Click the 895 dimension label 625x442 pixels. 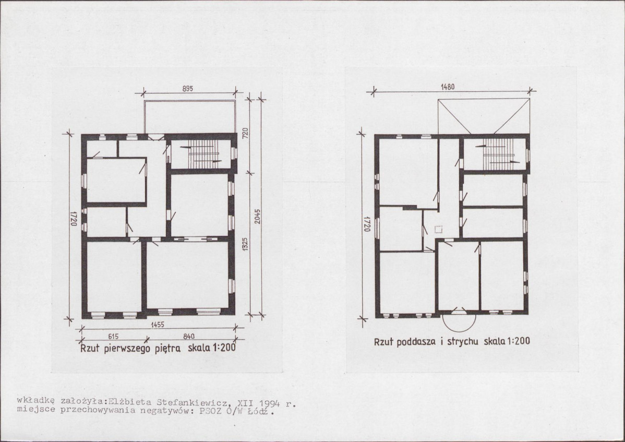click(188, 89)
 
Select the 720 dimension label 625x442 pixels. click(246, 133)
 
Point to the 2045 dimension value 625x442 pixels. click(258, 216)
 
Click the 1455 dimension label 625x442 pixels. click(158, 325)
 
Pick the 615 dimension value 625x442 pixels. click(113, 337)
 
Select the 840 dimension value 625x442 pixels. click(188, 337)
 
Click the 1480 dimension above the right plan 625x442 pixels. click(448, 87)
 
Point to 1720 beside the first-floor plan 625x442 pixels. click(74, 219)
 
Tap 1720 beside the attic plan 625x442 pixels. click(367, 224)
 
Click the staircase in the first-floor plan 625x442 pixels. click(203, 154)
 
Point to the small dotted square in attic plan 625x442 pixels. click(438, 229)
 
